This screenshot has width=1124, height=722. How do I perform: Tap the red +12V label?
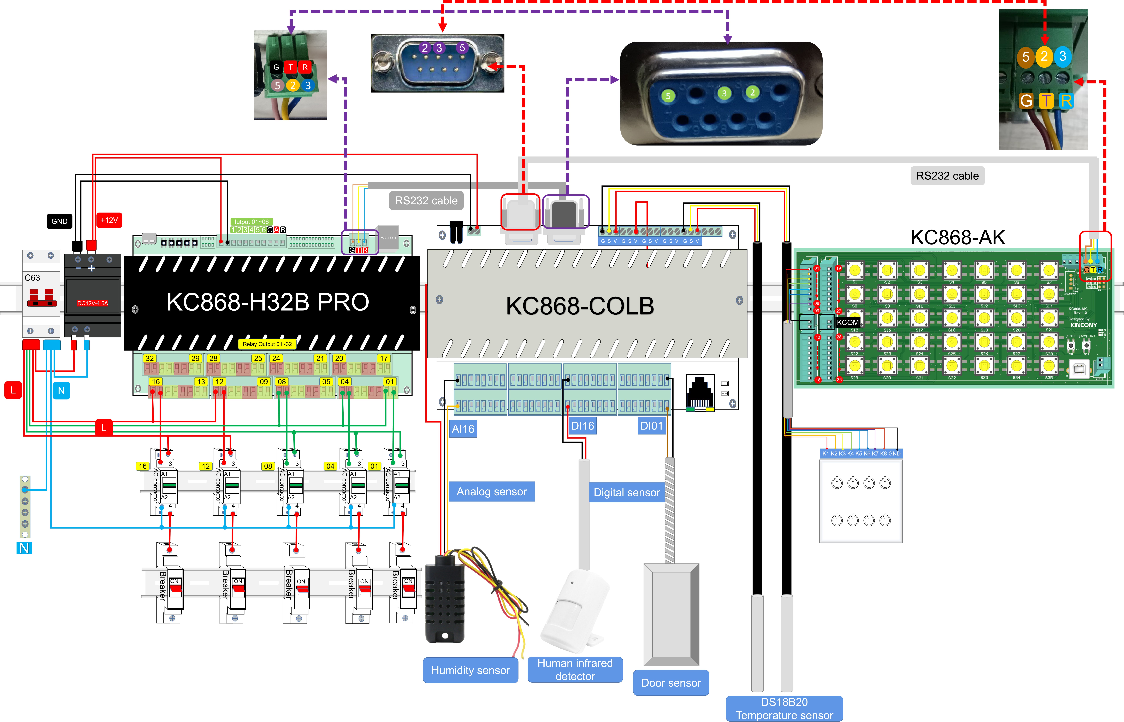pos(109,220)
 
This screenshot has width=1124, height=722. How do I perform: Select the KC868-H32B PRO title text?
pos(268,302)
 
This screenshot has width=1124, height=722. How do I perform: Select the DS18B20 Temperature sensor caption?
pos(784,708)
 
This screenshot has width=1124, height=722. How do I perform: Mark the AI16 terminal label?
pos(463,428)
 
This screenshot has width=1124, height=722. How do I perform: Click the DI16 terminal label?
pos(583,426)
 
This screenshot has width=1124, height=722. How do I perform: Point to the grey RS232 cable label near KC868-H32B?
pos(426,201)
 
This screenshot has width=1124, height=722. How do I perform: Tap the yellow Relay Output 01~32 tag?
pos(267,344)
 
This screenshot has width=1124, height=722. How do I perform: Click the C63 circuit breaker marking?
pos(32,278)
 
